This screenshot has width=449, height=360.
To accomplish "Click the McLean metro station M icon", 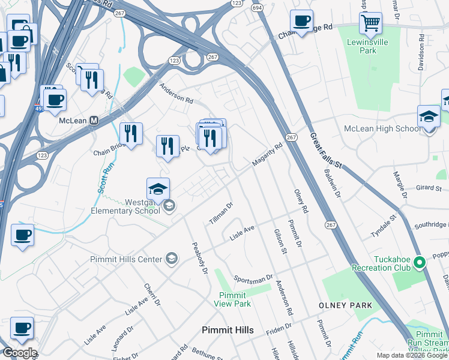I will (94, 120).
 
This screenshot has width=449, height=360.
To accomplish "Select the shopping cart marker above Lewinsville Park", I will (371, 25).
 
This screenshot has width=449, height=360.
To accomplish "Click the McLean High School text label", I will (382, 129).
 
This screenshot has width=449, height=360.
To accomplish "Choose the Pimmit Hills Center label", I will (126, 259).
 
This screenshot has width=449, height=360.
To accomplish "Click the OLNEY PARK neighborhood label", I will (345, 305).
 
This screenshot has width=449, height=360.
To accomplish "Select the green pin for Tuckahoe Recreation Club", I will (420, 262).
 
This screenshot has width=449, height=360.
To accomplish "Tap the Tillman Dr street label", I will (220, 214).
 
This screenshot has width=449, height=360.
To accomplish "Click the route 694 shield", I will (257, 7).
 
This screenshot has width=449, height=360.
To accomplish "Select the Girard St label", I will (429, 188).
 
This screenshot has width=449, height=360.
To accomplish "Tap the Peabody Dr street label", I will (199, 258).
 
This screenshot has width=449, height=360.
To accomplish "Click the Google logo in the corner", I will (19, 353).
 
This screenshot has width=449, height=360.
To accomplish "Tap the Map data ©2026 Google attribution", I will (412, 355).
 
